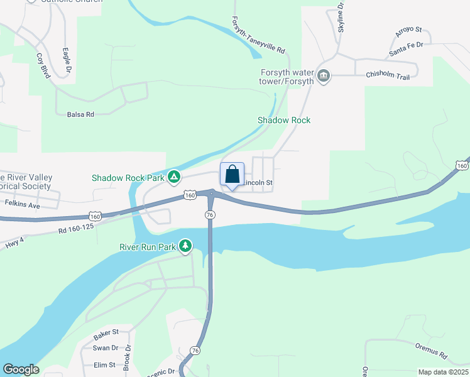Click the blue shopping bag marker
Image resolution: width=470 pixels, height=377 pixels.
click(x=232, y=174)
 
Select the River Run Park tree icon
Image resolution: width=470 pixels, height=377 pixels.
click(x=185, y=246)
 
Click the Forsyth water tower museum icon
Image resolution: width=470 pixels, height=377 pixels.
click(x=324, y=76)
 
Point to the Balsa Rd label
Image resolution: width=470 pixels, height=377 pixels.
click(x=80, y=114)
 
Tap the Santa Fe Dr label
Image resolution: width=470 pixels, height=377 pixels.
click(x=406, y=50)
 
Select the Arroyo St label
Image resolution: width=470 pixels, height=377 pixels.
click(x=408, y=32)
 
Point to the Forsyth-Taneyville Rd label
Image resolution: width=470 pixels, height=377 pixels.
click(x=258, y=35)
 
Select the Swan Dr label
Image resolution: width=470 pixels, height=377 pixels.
click(x=105, y=347)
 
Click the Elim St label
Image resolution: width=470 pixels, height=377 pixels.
click(x=104, y=364)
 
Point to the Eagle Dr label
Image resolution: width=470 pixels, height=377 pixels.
click(x=65, y=60)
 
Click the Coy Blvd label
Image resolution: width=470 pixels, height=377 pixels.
click(x=42, y=64)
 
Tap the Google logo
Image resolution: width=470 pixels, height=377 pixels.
click(x=21, y=369)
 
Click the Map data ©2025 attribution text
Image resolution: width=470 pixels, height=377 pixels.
click(x=442, y=372)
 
